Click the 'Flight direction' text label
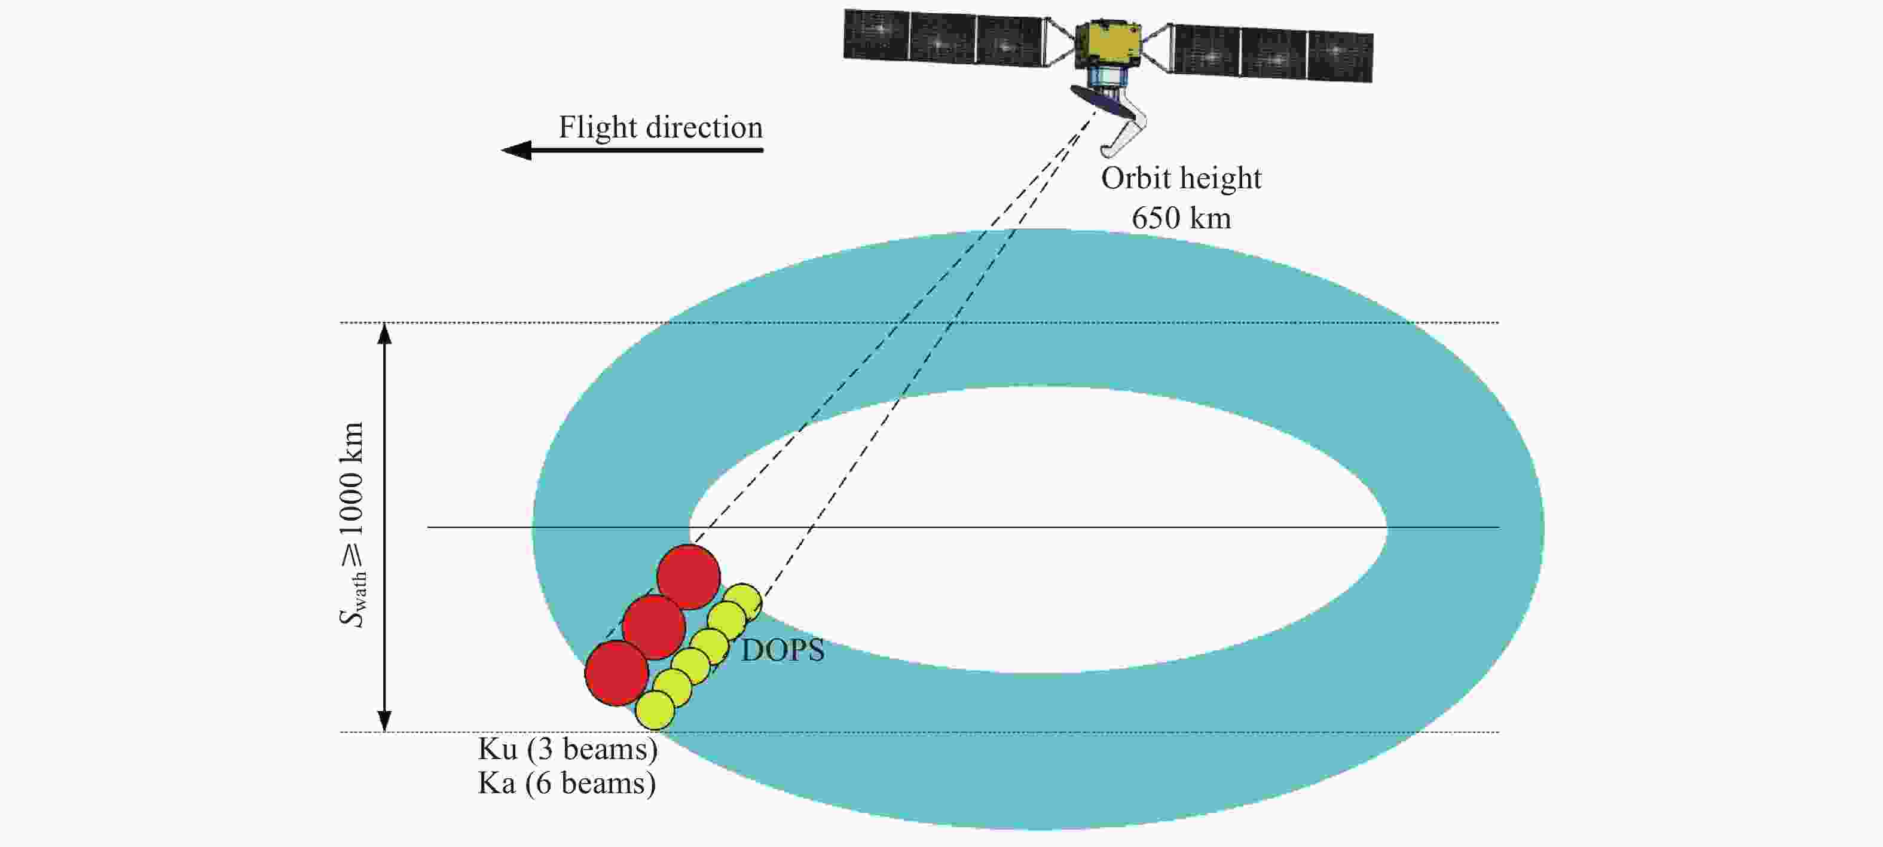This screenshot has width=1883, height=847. coord(661,128)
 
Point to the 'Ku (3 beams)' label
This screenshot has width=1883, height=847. coord(568,750)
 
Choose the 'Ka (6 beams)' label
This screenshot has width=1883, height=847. coord(567,784)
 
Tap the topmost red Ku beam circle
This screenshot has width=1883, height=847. coord(689,577)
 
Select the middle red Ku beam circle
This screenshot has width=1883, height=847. coord(654,627)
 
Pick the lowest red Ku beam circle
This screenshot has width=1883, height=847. coord(617,673)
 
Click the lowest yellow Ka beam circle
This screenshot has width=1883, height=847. coord(655,710)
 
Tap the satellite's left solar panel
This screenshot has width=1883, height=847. coord(944,36)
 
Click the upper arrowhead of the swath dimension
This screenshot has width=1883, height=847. coord(384,334)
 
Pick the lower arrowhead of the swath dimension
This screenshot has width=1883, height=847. coord(384,720)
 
